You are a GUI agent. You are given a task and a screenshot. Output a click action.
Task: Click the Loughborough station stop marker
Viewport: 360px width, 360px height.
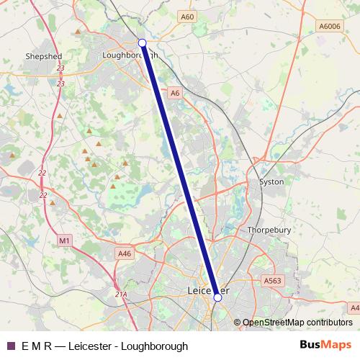coord(143,43)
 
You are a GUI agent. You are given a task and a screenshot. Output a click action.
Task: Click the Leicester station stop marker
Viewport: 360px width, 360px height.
coord(217,296)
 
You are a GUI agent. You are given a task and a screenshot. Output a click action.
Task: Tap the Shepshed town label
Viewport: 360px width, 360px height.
coord(44,55)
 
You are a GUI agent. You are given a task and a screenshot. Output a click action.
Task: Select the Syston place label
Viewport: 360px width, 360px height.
coord(271,182)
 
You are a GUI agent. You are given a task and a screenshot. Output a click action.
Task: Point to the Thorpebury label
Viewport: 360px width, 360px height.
coord(268,230)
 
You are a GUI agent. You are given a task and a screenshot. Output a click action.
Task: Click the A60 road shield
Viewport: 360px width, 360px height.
coord(187,16)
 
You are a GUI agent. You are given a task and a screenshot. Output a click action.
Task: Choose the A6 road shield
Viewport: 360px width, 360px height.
coord(175,92)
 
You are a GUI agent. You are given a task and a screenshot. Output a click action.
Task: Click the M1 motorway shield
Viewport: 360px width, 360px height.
coord(65,240)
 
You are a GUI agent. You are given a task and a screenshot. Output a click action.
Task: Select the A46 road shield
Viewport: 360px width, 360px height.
coord(125,253)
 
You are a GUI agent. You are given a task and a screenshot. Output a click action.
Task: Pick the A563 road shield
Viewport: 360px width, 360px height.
coord(272,281)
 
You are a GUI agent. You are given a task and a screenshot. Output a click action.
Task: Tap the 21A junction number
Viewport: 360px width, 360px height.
coord(121,294)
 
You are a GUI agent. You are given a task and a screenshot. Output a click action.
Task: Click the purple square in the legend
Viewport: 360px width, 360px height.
coord(11,346)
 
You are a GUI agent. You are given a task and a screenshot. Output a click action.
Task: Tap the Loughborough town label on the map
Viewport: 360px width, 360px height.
coord(130,55)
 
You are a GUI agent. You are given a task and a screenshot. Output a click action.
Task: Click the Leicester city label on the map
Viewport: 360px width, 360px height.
coord(208,291)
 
